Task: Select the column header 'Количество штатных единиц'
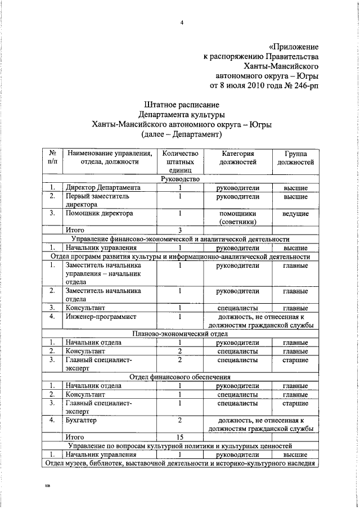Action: tap(180, 162)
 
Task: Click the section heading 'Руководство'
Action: tap(180, 179)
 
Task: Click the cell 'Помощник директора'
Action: tap(99, 214)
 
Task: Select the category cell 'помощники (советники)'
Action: tap(238, 218)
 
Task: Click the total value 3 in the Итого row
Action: tap(180, 231)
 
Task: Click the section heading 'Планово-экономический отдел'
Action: tap(180, 334)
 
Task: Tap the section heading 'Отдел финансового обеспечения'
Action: tap(180, 377)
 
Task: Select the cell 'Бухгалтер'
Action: tap(81, 420)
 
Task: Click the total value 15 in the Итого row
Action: tap(180, 436)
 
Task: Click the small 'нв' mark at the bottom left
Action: tap(47, 487)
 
